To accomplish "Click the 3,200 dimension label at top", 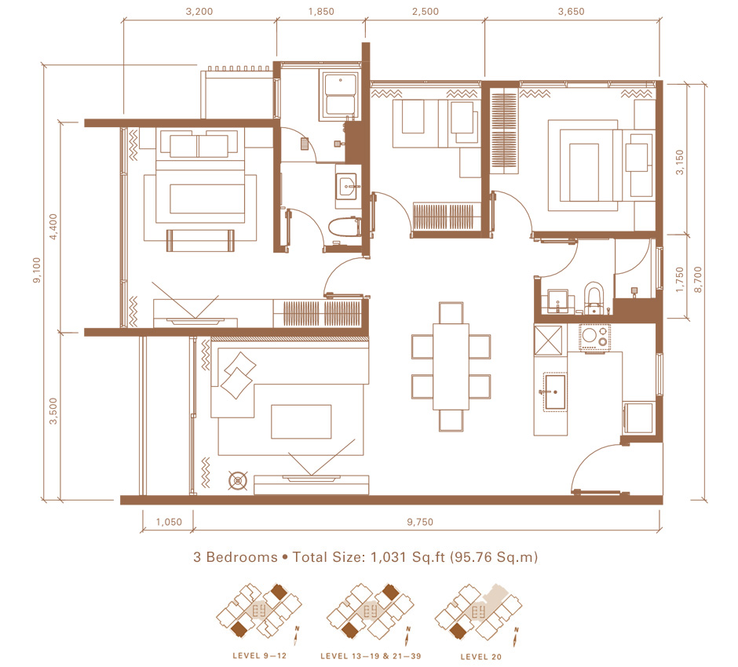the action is coord(199,11).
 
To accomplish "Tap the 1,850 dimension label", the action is coord(321,11).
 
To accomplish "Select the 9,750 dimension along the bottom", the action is coord(420,522).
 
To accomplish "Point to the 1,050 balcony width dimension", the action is coord(169,522).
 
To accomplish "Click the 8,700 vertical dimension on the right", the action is coord(698,279).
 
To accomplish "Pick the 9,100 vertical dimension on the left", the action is coord(37,270).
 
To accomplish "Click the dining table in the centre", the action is coord(451,366).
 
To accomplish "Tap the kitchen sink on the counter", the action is coord(555,392).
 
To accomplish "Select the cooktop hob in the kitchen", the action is coord(594,337).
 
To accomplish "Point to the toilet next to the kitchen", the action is coord(594,297).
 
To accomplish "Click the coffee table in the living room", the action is coord(301,421).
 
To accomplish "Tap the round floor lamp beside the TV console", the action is coord(238,481).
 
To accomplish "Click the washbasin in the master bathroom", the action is coord(347,186).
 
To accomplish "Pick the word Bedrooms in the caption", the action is coord(242,557).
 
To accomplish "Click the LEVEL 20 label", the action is coord(481,657).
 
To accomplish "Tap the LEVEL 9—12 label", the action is coord(259,656).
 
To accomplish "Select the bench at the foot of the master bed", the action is coord(200,240).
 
